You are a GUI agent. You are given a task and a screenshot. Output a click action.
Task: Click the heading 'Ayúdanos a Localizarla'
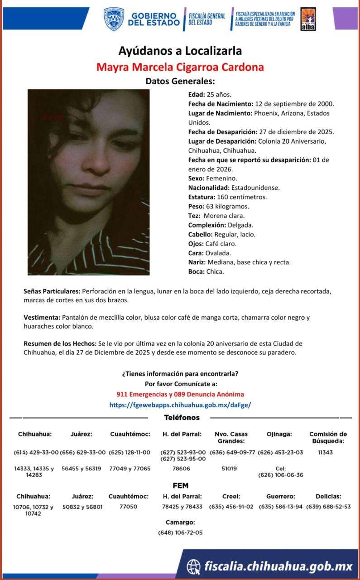click(180, 50)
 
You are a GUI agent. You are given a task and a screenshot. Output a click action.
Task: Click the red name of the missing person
click(180, 68)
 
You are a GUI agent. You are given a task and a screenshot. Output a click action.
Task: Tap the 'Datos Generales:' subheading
click(180, 82)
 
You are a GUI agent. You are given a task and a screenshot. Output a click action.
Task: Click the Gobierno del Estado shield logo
click(114, 19)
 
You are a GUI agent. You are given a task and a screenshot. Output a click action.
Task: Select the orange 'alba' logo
click(308, 19)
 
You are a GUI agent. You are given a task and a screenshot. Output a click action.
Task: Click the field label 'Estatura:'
click(202, 197)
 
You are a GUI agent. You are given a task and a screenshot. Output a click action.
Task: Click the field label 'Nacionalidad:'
click(209, 187)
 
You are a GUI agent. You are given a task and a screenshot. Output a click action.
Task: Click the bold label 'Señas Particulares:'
click(52, 291)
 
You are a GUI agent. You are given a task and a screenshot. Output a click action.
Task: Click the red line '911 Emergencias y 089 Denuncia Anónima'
click(180, 394)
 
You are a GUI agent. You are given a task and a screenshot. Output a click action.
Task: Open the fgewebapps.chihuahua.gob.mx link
click(180, 404)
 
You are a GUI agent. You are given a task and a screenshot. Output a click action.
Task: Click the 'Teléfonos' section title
click(181, 418)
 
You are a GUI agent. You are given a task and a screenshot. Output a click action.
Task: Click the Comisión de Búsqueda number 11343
click(325, 452)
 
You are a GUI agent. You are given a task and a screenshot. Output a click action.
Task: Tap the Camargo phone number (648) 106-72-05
click(180, 532)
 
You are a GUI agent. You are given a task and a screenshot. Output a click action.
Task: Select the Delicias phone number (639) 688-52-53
click(328, 507)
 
